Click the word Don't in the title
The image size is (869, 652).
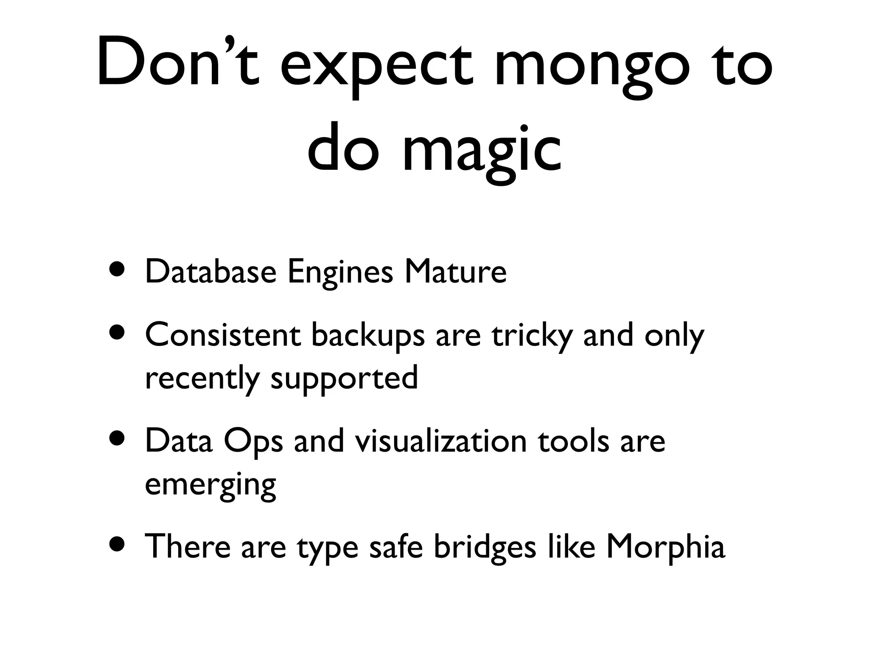(x=178, y=64)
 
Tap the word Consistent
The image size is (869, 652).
(x=223, y=335)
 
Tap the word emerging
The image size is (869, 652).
(x=210, y=485)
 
